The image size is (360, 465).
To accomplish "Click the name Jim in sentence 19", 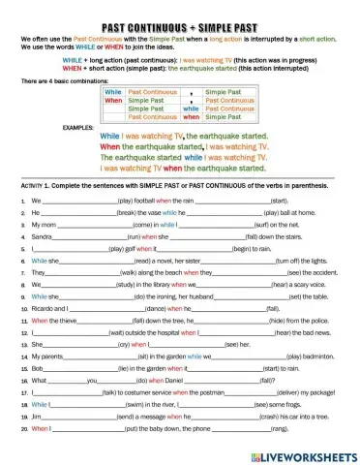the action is tap(36, 417).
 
